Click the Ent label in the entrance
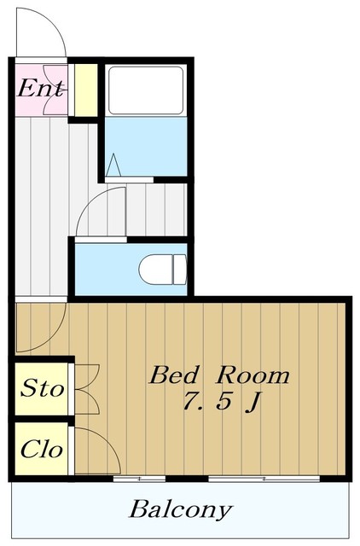pos(41,89)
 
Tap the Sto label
pos(43,388)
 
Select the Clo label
pos(42,450)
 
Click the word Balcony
pos(180,510)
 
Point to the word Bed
pos(175,375)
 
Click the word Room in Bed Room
pos(253,375)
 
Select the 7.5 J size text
pos(222,402)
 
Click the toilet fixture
pos(163,270)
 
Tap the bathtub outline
pos(146,90)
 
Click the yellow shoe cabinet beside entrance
pos(86,90)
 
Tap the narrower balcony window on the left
pos(139,479)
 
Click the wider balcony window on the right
pos(264,479)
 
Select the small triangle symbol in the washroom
pos(113,165)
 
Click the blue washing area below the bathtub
pos(146,146)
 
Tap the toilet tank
pos(180,270)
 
